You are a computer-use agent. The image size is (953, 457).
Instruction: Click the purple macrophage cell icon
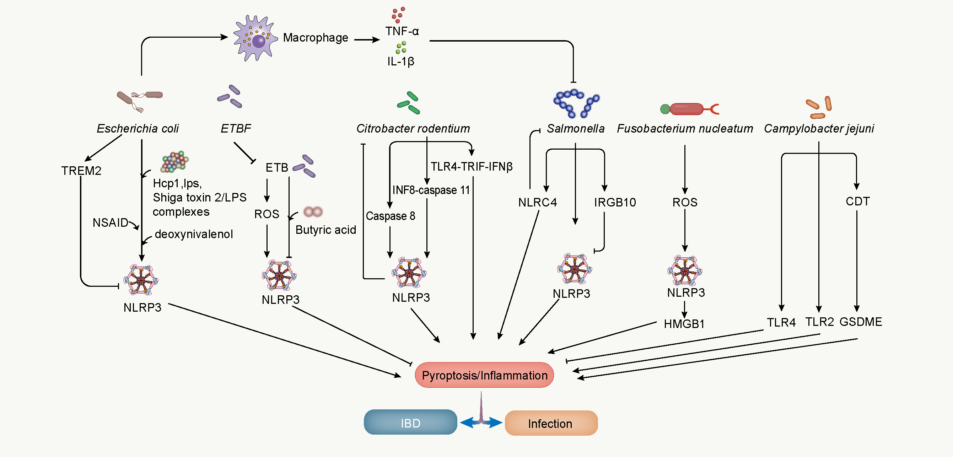tap(255, 38)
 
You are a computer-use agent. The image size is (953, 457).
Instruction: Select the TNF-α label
tap(402, 31)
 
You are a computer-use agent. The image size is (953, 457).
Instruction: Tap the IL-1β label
tap(401, 61)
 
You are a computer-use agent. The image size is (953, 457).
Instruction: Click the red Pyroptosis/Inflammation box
tap(484, 375)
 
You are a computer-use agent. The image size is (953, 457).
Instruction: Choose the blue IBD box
tap(410, 422)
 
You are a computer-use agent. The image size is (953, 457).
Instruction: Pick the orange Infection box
tap(551, 423)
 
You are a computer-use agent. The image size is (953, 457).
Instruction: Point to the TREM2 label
tap(81, 171)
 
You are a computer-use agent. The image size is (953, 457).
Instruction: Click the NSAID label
tap(110, 222)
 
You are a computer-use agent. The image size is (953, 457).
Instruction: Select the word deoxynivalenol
tap(194, 234)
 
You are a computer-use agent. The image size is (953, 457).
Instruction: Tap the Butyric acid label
tap(325, 230)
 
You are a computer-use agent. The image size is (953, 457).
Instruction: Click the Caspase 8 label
tap(390, 216)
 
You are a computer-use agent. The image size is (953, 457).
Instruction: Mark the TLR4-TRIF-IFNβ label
tap(471, 167)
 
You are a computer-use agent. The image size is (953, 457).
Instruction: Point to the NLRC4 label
tap(537, 203)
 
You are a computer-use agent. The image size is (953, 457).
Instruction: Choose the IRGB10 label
tap(615, 203)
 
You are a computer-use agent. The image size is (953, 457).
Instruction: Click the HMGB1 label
tap(684, 324)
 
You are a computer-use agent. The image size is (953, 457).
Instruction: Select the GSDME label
tap(861, 322)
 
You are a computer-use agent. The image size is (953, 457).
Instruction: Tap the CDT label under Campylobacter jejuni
tap(857, 201)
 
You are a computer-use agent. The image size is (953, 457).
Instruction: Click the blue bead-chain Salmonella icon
tap(575, 103)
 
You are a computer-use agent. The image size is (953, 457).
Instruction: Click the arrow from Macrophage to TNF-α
tap(367, 39)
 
